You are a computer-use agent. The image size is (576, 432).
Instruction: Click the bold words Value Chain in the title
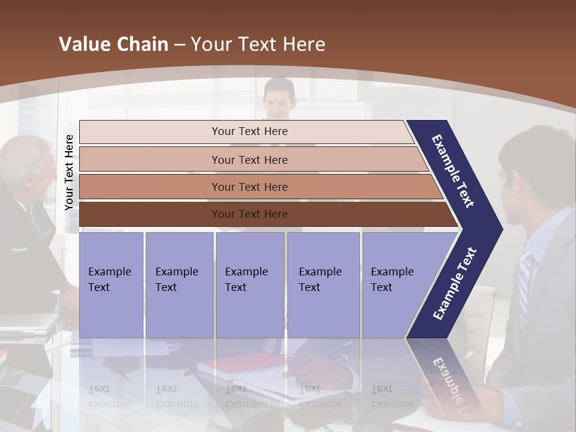tap(113, 44)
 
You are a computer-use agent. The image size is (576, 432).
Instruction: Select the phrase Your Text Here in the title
tap(258, 44)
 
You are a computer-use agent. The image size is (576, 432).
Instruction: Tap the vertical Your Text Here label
tap(69, 173)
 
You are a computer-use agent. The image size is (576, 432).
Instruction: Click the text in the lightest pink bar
tap(250, 131)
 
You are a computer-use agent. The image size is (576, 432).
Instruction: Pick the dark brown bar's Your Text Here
tap(250, 214)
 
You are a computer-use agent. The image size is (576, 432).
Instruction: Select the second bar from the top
tap(250, 160)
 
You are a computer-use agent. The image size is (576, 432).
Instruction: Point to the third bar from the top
tap(250, 187)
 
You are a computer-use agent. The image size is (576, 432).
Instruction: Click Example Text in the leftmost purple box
tap(110, 280)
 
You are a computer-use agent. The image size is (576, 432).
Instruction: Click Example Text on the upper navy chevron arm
tap(454, 171)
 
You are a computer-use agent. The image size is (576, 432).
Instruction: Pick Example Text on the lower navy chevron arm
tap(455, 284)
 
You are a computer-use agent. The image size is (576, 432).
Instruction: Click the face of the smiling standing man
tap(280, 102)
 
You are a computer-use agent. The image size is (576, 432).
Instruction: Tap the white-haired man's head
tap(27, 165)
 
